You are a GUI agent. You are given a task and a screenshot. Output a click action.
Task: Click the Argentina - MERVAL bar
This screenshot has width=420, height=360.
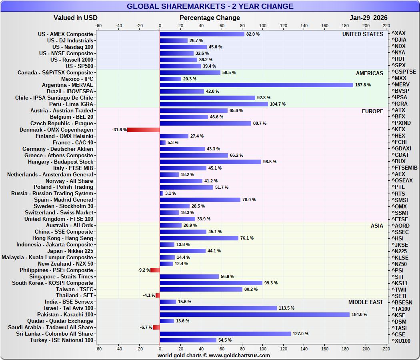[x=256, y=85]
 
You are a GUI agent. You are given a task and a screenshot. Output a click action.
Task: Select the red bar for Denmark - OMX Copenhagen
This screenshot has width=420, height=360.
[x=143, y=130]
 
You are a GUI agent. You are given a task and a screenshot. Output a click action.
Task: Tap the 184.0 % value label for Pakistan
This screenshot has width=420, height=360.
[x=359, y=315]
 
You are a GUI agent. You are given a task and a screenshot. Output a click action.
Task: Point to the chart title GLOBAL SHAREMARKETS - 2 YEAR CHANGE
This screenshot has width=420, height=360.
[x=210, y=6]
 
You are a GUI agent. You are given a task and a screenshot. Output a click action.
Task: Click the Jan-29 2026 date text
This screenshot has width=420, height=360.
[x=368, y=18]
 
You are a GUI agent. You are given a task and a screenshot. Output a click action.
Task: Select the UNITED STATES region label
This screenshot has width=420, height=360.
[x=362, y=34]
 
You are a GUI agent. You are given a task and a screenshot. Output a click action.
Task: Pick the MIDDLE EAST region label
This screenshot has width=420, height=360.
[x=366, y=302]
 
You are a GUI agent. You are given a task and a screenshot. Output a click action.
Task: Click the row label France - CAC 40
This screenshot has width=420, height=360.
[x=73, y=143]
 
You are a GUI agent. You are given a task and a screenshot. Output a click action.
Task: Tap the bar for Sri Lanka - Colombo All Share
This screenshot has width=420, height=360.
[x=225, y=334]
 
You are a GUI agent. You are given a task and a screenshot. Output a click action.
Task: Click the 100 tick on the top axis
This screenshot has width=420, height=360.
[x=263, y=26]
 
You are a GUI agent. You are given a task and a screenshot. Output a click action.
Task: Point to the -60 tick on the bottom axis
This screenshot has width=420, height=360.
[x=98, y=349]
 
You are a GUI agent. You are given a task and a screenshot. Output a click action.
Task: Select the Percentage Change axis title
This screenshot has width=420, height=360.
[x=210, y=18]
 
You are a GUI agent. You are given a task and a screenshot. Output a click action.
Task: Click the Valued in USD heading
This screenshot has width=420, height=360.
[x=75, y=18]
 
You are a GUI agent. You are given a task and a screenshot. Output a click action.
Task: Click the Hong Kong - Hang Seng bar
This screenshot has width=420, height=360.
[x=199, y=238]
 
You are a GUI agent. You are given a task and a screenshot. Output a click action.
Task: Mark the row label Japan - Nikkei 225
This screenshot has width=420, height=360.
[x=70, y=251]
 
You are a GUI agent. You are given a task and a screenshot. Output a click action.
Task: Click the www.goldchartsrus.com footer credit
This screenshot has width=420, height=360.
[x=239, y=355]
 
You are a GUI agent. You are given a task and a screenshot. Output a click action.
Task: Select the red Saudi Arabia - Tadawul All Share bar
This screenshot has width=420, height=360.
[x=156, y=328]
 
